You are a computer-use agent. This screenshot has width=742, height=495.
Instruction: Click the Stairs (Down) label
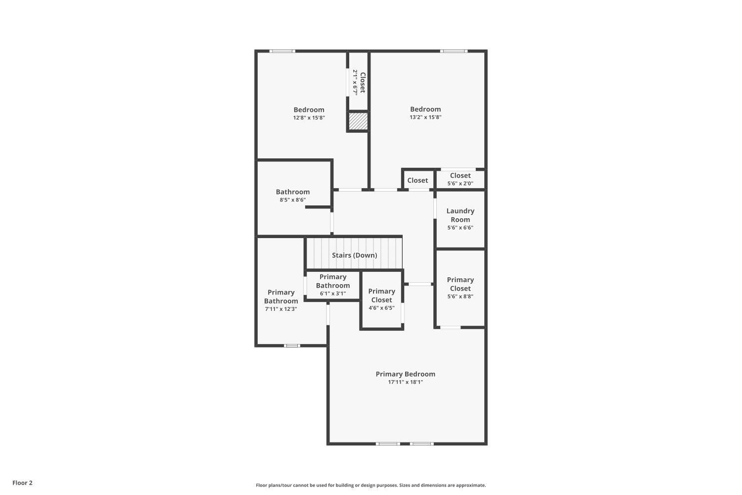pos(355,255)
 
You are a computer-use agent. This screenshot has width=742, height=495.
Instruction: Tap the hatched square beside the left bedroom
pos(358,121)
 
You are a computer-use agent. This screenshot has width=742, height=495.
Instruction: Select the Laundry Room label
pos(460,215)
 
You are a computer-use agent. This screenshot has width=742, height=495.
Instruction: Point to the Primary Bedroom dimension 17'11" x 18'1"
pos(406,382)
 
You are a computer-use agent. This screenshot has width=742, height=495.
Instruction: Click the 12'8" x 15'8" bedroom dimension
pos(309,118)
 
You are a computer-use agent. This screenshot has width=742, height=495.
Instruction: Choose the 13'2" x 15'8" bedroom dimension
pos(425,117)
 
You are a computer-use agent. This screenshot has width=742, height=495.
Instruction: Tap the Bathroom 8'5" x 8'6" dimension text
pos(292,200)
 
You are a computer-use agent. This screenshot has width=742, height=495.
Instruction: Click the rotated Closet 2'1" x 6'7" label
pos(359,83)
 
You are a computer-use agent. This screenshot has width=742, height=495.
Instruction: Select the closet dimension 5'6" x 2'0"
pos(460,183)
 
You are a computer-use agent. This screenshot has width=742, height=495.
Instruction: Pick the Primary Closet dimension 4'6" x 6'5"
pos(381,308)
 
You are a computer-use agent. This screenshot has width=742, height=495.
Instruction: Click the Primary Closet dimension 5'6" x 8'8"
pos(460,297)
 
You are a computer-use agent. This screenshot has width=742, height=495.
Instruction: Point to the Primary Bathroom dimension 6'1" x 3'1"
pos(332,294)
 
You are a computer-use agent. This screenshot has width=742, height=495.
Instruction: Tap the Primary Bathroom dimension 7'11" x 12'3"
pos(281,309)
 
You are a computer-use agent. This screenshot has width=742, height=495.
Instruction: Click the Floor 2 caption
pos(23,483)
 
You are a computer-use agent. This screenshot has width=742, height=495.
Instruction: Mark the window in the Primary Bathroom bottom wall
pos(292,346)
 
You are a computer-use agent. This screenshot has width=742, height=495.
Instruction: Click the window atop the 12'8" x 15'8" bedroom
pos(282,51)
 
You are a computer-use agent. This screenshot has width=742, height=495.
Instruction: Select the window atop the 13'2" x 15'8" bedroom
pos(454,51)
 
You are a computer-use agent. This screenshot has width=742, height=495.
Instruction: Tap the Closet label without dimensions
pos(417,180)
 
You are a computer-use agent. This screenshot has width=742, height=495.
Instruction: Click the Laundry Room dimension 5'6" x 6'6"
pos(460,228)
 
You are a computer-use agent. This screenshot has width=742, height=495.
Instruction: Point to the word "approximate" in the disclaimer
pos(471,486)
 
